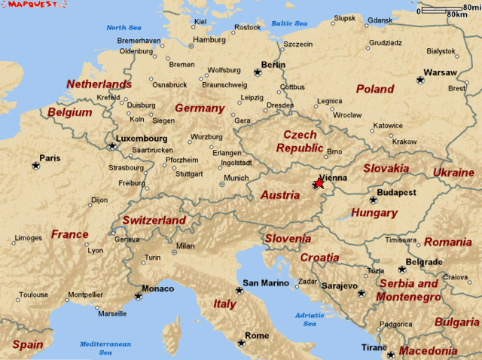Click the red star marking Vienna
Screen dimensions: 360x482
tap(319, 182)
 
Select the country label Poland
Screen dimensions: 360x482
tap(374, 89)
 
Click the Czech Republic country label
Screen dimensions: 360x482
tap(299, 141)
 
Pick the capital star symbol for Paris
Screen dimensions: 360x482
tap(35, 166)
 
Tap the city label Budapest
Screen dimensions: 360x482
tap(397, 193)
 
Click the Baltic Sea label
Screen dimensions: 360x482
tap(289, 23)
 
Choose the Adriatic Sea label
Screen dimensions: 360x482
tap(310, 319)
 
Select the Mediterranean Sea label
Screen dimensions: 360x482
tap(105, 348)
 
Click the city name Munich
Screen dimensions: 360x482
tap(236, 178)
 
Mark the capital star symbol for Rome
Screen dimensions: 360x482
tap(241, 343)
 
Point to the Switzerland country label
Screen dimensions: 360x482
tap(154, 220)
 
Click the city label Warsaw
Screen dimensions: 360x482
tap(440, 72)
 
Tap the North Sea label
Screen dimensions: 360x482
tap(124, 28)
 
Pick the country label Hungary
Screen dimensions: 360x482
tap(374, 213)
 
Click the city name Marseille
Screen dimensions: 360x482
tap(112, 313)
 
